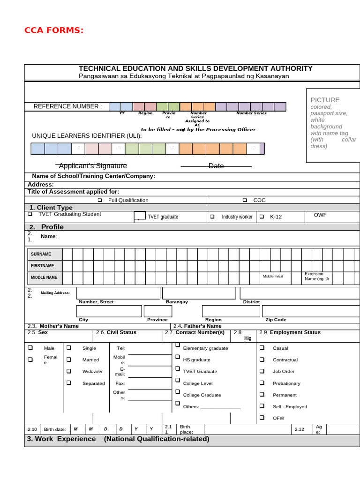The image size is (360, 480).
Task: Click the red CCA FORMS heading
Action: pos(54,31)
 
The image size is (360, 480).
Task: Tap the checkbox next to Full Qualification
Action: pos(100,200)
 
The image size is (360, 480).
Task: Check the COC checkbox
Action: pos(245,200)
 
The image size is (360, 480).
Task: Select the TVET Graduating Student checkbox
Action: pos(30,214)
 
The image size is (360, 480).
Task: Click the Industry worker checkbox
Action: pos(212,217)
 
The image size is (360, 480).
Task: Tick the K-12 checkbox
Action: pos(262,217)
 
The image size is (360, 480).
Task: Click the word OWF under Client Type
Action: pos(320,215)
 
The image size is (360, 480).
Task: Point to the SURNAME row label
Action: pos(41,254)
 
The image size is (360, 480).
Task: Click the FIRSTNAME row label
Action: pos(42,266)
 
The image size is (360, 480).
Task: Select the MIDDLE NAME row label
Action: pos(44,277)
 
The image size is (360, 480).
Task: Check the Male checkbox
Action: pos(30,348)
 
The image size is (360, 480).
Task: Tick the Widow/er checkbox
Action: pos(69,371)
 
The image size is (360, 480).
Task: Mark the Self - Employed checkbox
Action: pos(262,406)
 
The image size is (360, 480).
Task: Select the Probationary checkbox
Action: pos(262,382)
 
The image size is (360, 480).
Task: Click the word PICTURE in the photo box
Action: pos(325,100)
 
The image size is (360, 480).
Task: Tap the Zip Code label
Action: pos(276,320)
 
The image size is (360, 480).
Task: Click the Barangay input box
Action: pos(199,293)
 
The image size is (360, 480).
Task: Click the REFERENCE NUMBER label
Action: pos(67,106)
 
